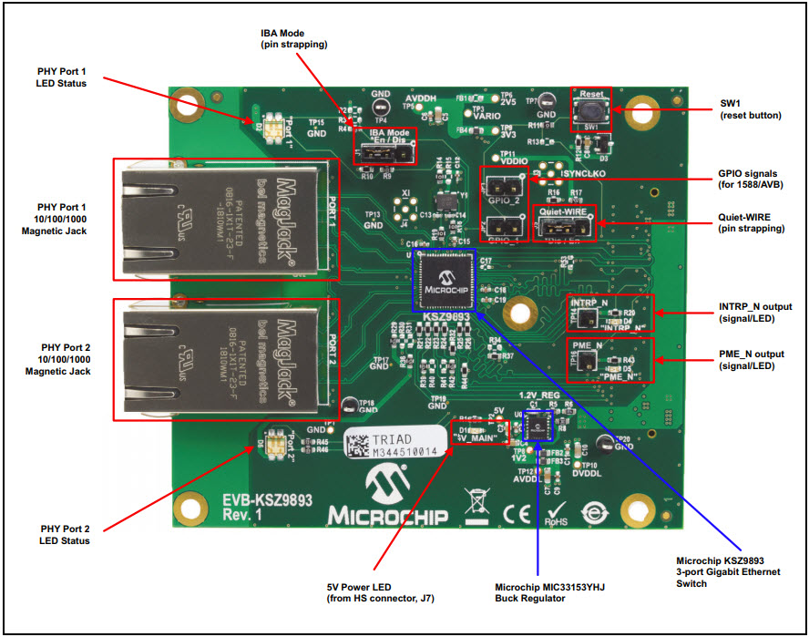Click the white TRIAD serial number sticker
395,445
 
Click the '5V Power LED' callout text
370,592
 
